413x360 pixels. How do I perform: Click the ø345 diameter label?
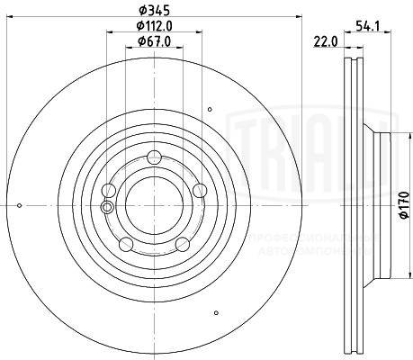154,12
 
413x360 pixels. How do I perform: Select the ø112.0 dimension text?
154,27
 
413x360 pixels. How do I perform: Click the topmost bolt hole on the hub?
153,155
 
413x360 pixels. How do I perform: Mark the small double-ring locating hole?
108,207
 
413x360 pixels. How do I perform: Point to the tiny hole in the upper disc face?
210,109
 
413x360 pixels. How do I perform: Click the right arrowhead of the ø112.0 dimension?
199,34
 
